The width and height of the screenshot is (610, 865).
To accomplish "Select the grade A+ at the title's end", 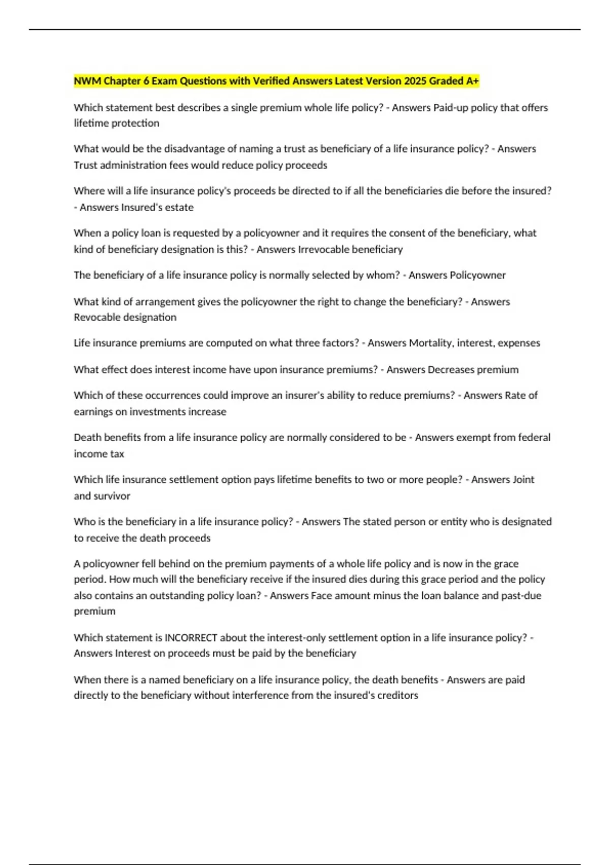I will coord(472,81).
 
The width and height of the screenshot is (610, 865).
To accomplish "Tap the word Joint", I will coord(524,479).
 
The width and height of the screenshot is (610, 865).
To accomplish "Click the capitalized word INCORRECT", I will coord(191,638).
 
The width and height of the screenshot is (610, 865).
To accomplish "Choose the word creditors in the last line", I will coord(398,695).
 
